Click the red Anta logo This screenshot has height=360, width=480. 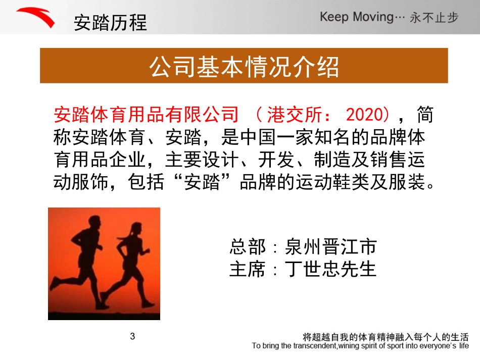pos(36,18)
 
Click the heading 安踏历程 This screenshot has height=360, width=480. pos(110,23)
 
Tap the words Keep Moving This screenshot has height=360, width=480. pos(356,17)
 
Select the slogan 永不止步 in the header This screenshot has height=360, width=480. pos(434,18)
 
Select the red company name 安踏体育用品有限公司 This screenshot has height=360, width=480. pos(146,115)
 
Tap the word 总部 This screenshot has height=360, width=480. pos(247,247)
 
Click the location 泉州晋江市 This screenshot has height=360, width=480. pos(330,247)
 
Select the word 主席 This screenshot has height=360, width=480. pos(247,269)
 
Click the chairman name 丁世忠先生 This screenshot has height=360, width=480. pos(330,269)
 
